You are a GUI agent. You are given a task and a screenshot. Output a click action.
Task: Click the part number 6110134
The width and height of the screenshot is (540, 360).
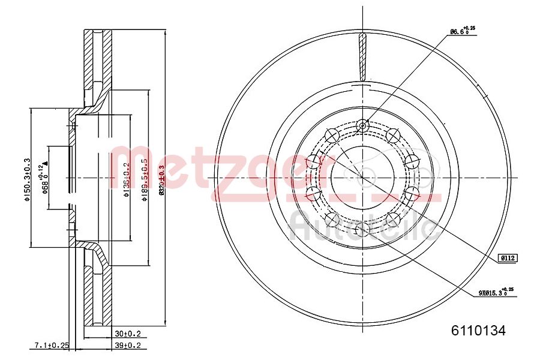478,329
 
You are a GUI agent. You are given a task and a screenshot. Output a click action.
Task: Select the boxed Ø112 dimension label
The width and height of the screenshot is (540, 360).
508,258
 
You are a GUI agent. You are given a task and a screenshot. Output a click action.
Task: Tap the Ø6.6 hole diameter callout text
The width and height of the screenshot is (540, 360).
462,31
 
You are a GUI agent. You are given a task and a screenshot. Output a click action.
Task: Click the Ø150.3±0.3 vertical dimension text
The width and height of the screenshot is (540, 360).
27,179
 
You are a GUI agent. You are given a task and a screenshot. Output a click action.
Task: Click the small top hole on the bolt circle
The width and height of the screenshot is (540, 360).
362,125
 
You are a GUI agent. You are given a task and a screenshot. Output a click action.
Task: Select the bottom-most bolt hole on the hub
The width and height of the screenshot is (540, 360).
362,229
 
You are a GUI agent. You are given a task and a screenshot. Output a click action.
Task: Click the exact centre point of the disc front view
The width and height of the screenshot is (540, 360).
362,178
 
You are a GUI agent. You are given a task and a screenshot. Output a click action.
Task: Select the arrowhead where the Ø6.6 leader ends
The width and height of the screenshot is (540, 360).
365,122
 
